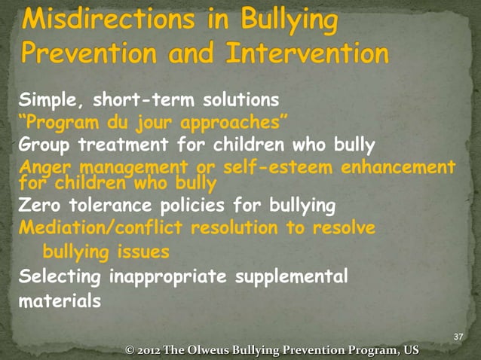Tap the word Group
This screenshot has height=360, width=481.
pos(42,143)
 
